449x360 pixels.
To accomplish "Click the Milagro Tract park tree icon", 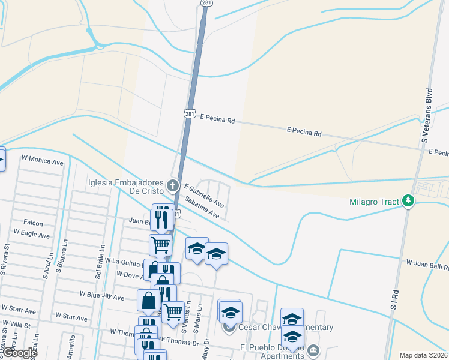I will click(408, 200).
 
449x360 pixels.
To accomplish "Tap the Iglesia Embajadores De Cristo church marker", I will click(174, 185).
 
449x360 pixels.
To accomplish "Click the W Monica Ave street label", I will click(42, 161).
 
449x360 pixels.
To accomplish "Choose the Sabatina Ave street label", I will click(202, 206).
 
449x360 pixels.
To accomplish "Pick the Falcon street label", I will click(34, 223).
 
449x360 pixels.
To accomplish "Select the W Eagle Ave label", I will click(31, 233).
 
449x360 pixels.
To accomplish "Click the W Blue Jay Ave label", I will click(100, 295).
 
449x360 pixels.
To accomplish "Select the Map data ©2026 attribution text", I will click(423, 355).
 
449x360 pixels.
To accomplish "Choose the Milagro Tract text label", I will click(374, 202).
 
